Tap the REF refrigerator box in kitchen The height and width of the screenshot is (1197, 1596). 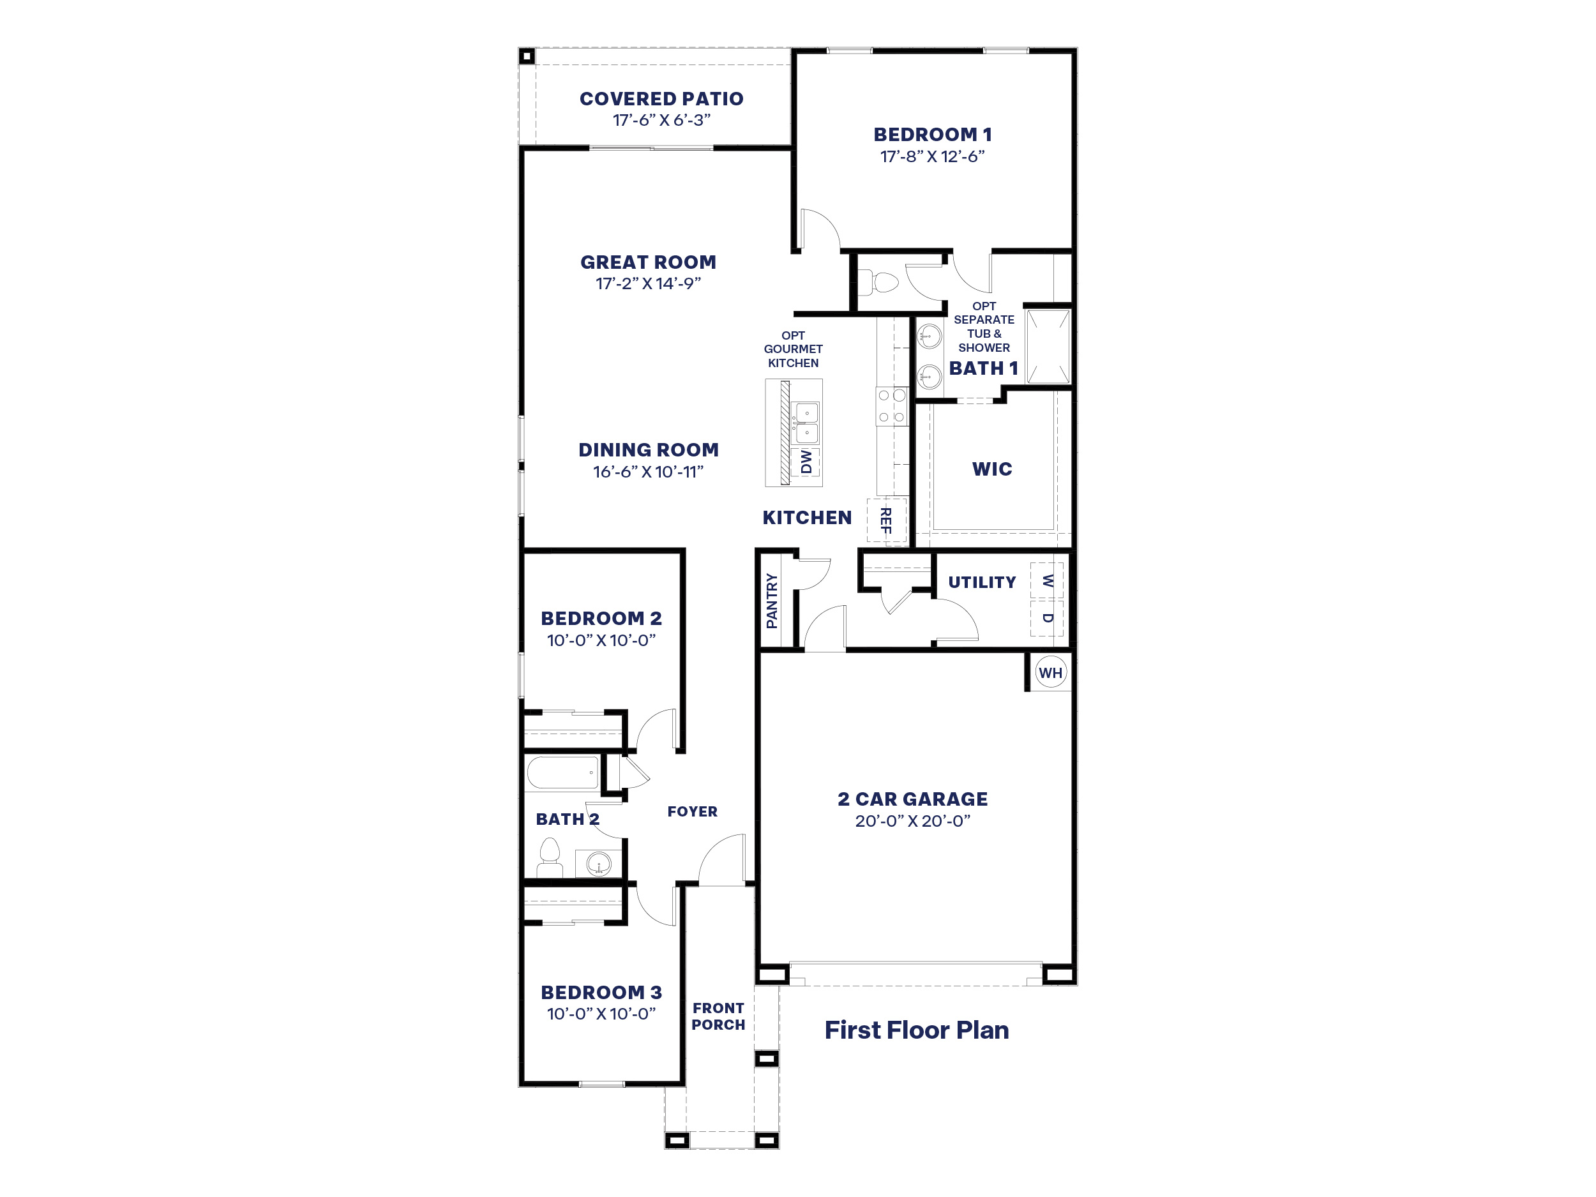pyautogui.click(x=886, y=520)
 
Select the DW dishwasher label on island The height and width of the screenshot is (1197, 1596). pyautogui.click(x=806, y=462)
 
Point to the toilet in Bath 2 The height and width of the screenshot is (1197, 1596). pyautogui.click(x=550, y=857)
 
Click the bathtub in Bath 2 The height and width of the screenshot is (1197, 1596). pyautogui.click(x=563, y=772)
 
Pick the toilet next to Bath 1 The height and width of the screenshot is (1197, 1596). pyautogui.click(x=881, y=282)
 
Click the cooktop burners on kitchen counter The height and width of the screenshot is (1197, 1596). pyautogui.click(x=892, y=406)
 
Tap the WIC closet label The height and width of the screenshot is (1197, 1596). pyautogui.click(x=992, y=469)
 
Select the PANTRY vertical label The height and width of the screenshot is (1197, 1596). pyautogui.click(x=772, y=600)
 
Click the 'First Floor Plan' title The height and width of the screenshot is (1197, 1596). pyautogui.click(x=916, y=1030)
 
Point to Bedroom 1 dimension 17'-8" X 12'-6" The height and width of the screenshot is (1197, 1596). pyautogui.click(x=932, y=156)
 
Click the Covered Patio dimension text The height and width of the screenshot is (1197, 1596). pyautogui.click(x=661, y=120)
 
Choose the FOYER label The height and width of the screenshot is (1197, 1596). pyautogui.click(x=692, y=811)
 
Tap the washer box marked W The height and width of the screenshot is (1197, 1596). pyautogui.click(x=1047, y=580)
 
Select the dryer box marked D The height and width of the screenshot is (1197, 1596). pyautogui.click(x=1047, y=619)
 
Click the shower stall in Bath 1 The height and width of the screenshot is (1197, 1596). pyautogui.click(x=1048, y=346)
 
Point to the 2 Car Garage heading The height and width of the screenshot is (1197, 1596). pyautogui.click(x=913, y=799)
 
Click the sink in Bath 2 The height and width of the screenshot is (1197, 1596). pyautogui.click(x=598, y=863)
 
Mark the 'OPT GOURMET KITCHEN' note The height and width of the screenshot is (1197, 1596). pyautogui.click(x=793, y=349)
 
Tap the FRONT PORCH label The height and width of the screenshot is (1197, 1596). pyautogui.click(x=718, y=1016)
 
